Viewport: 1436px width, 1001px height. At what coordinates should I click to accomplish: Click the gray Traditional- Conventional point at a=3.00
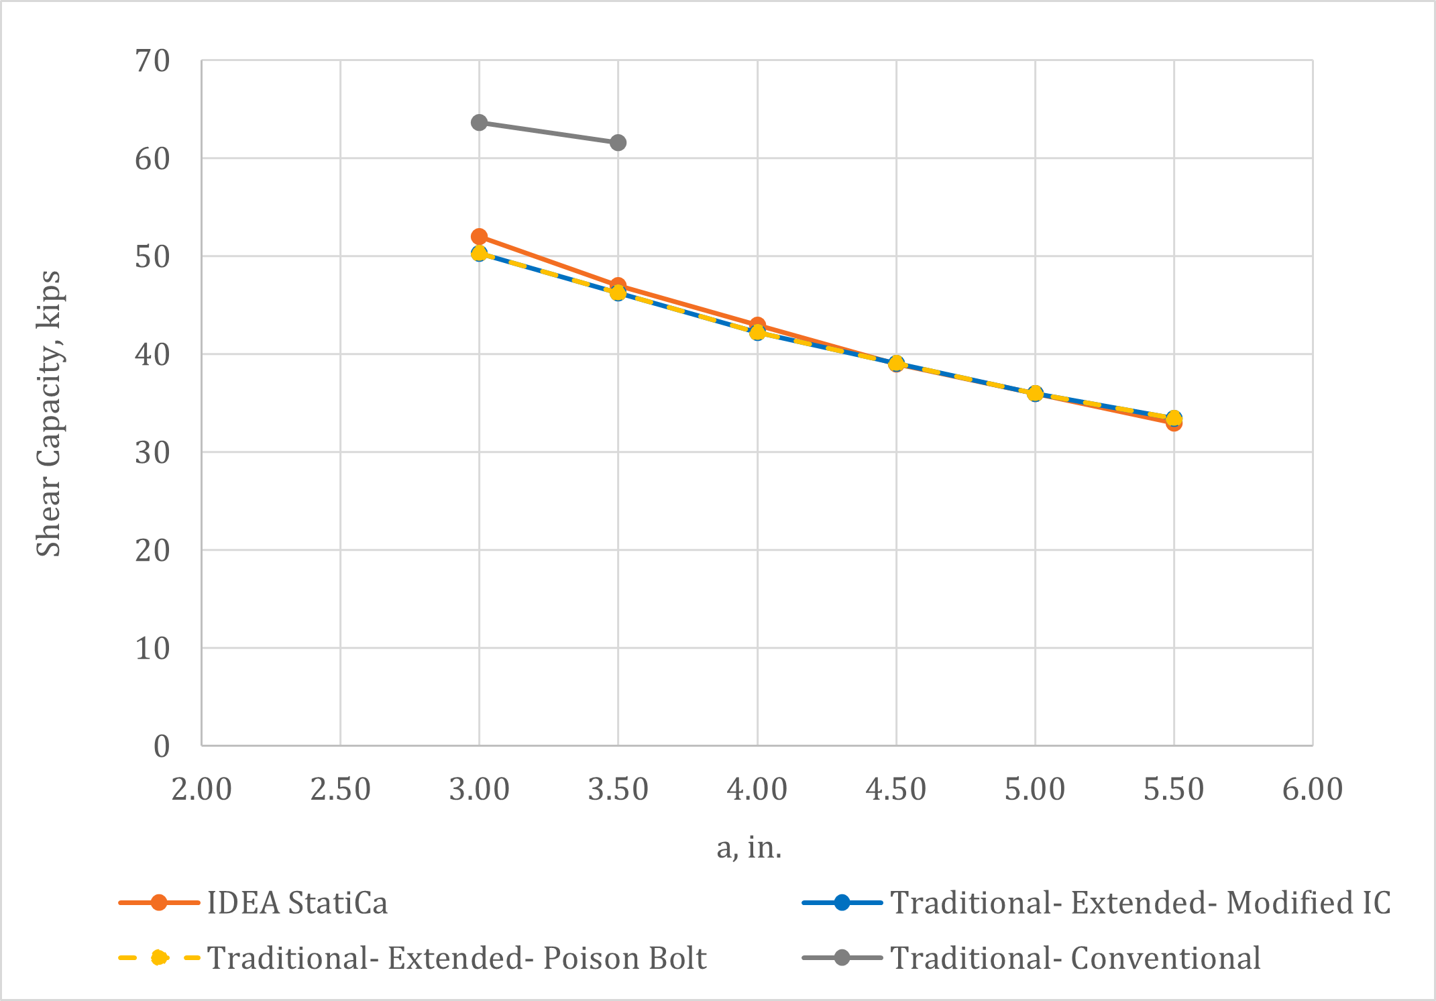[479, 123]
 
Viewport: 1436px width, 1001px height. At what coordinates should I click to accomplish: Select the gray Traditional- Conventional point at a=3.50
[618, 143]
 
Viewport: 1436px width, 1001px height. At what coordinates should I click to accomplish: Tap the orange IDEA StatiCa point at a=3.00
[479, 237]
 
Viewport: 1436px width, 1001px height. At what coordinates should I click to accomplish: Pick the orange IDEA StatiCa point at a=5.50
[1174, 423]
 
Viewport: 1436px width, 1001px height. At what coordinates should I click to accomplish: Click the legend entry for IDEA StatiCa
[297, 903]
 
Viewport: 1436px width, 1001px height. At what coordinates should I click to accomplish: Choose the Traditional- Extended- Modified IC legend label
[1140, 903]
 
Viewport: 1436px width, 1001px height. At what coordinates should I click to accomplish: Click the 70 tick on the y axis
[152, 61]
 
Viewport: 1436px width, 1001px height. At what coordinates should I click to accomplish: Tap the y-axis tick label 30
[152, 453]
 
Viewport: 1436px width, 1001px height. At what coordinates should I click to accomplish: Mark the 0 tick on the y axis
[162, 746]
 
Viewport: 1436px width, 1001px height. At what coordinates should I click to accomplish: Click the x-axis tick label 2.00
[201, 790]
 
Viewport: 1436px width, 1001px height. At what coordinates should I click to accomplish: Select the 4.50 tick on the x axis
[896, 790]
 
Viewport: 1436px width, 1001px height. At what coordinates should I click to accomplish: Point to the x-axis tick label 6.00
[1313, 790]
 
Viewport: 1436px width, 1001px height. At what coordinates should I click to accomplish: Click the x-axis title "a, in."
[749, 848]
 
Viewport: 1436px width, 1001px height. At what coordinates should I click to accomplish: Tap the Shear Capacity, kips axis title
[48, 413]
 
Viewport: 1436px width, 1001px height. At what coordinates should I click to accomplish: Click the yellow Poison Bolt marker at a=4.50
[896, 363]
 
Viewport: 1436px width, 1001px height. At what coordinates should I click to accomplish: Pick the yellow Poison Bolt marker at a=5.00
[1035, 393]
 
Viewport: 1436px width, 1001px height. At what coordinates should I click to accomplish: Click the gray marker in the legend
[842, 958]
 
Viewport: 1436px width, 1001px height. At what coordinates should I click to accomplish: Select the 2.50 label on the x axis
[340, 790]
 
